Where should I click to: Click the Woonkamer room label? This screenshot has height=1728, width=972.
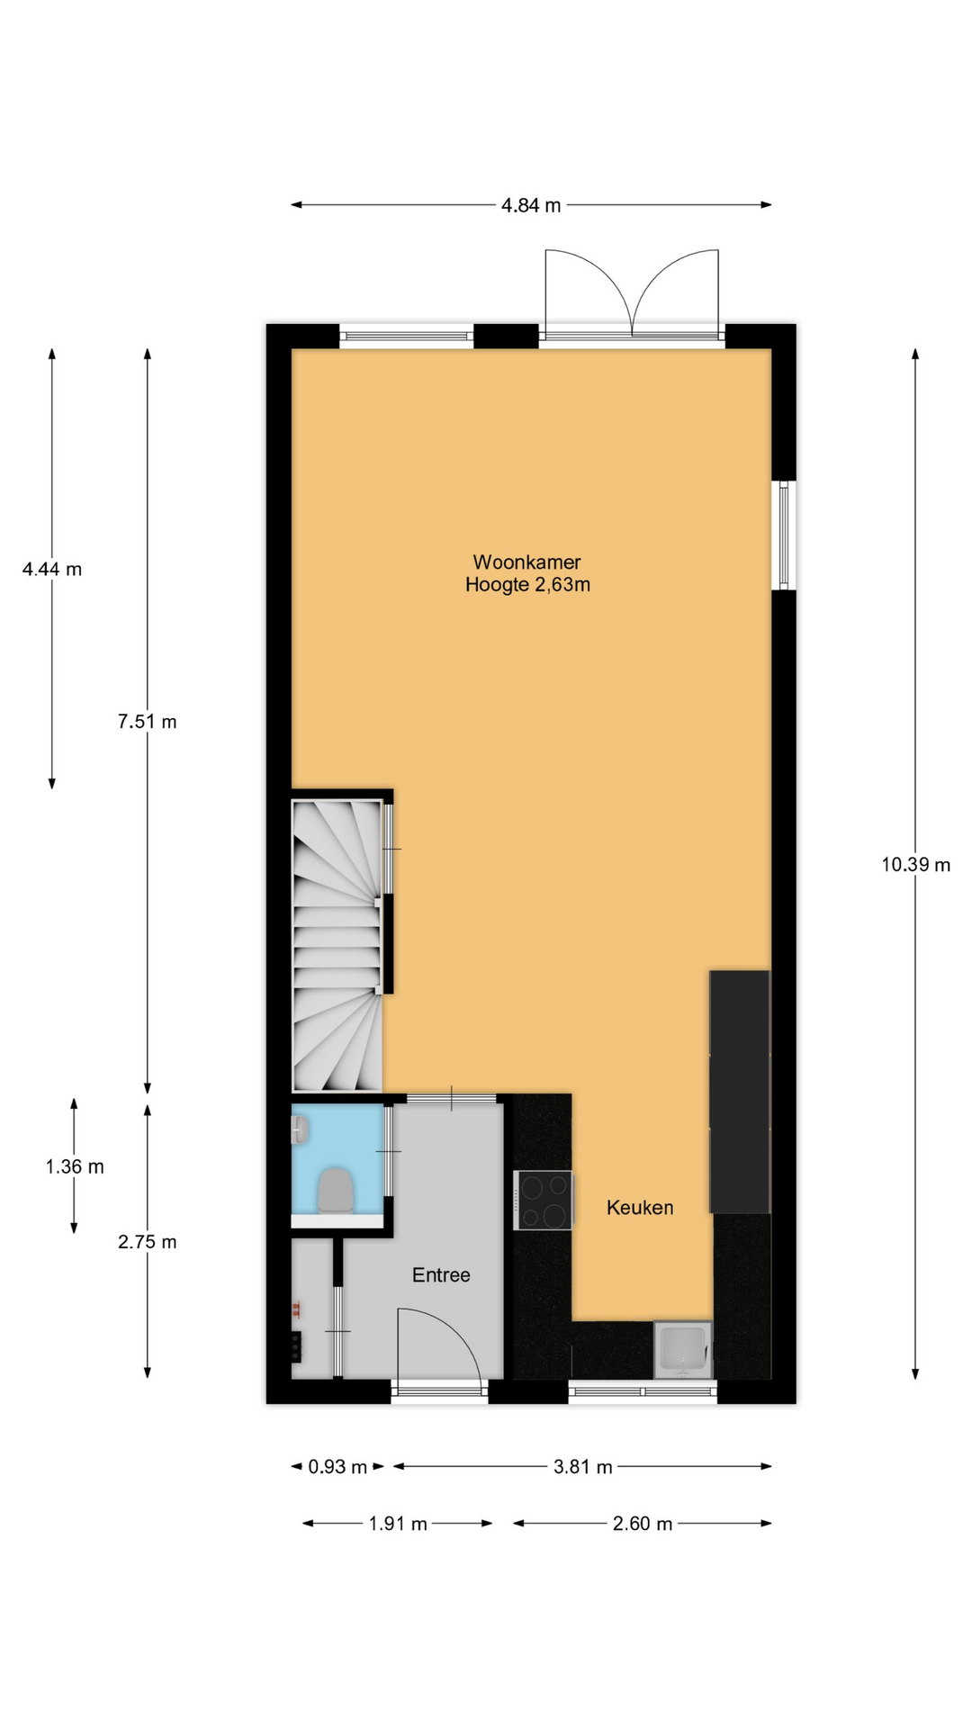pos(526,562)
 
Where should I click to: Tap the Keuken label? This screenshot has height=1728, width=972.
pos(640,1208)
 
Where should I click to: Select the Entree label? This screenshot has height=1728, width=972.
pos(441,1275)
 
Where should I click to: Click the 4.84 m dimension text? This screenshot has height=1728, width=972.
pos(531,205)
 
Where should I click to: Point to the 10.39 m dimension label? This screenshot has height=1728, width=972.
pos(915,865)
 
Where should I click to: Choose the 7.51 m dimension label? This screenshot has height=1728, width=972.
pos(147,722)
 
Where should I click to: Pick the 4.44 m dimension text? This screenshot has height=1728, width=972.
pos(52,569)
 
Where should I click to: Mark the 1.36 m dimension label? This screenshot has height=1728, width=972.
pos(75,1167)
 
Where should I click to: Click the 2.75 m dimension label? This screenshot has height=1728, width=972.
pos(147,1242)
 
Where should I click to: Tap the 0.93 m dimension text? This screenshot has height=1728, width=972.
pos(337,1467)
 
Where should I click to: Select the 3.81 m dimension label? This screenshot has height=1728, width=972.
pos(582,1467)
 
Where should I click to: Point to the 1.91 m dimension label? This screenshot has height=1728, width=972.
pos(398,1524)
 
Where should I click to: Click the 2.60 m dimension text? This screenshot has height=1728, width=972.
pos(643,1524)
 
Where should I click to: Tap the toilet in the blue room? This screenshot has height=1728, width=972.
pos(336,1191)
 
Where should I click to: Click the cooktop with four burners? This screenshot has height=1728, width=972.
pos(544,1200)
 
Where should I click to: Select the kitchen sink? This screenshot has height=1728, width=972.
pos(683,1350)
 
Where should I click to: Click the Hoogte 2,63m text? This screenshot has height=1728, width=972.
pos(527,585)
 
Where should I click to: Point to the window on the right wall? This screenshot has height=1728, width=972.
pos(784,535)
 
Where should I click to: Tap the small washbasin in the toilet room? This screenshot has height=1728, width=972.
pos(301,1130)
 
